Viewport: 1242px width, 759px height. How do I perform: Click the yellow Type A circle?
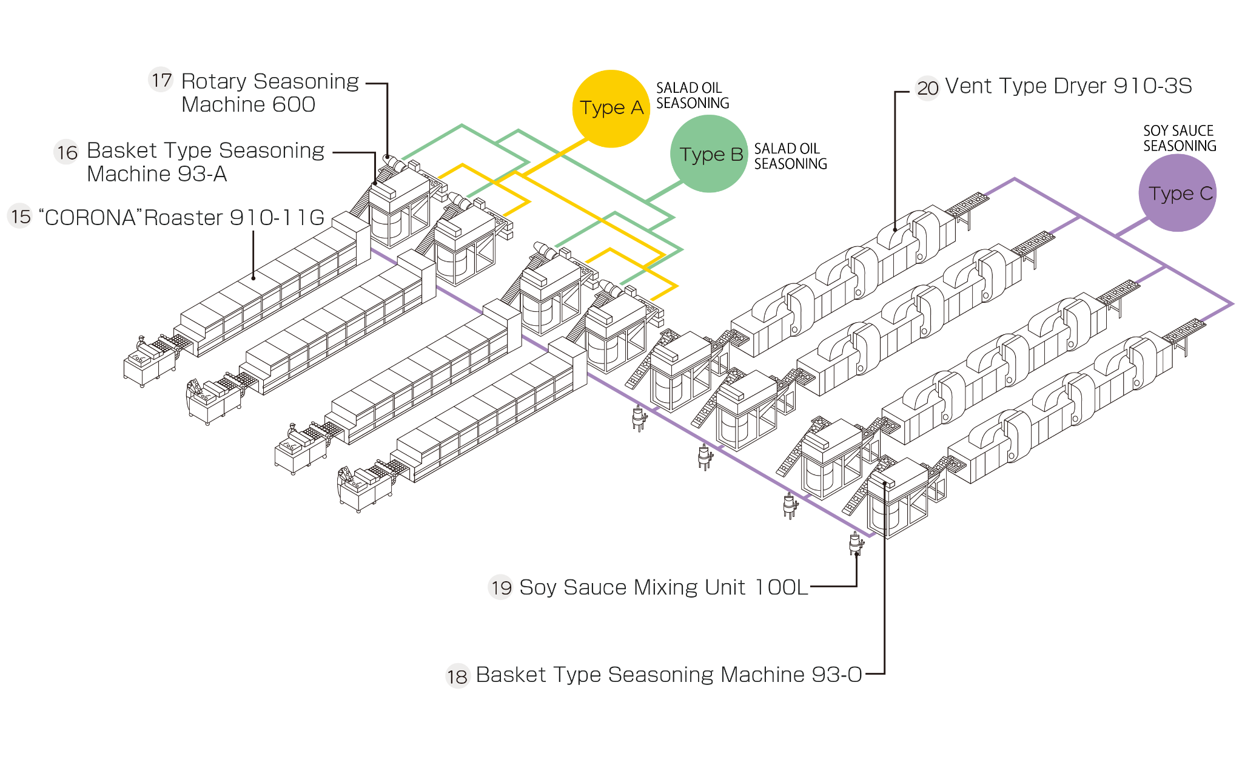coord(611,109)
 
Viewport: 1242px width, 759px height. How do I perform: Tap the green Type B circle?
coord(709,154)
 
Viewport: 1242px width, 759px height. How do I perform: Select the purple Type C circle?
coord(1177,193)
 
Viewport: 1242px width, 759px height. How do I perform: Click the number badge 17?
coord(161,80)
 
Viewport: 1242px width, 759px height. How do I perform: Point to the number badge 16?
coord(67,152)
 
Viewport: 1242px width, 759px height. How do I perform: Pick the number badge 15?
coord(20,217)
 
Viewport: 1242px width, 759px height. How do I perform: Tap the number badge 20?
coord(927,88)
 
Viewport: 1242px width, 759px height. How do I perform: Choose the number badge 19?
coord(501,587)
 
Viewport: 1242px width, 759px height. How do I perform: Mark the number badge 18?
coord(458,676)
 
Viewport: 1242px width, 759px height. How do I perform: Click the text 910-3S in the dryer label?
coord(1153,86)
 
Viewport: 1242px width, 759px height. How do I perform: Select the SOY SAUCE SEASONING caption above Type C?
coord(1180,138)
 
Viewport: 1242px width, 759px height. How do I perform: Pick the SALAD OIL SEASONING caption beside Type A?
coord(693,96)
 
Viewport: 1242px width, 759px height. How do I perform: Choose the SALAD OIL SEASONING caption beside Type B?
coord(790,156)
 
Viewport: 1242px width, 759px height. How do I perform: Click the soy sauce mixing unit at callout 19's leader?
coord(855,543)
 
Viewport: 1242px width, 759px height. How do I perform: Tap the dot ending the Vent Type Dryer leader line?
coord(896,230)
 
